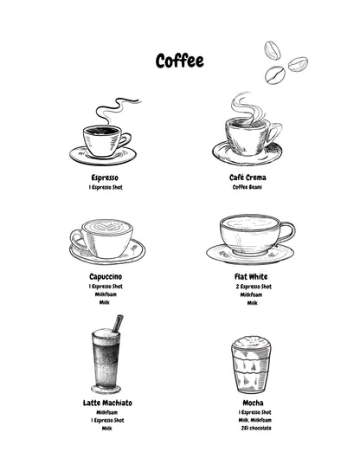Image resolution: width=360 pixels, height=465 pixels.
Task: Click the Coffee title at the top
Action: [180, 61]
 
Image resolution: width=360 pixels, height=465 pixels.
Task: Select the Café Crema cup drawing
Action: [250, 137]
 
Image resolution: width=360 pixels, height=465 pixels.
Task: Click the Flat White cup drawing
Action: [251, 236]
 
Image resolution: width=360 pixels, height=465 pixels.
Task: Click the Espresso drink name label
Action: [105, 177]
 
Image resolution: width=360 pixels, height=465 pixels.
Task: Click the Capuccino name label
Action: [105, 276]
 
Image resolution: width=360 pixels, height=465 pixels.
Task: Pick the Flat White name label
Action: [252, 276]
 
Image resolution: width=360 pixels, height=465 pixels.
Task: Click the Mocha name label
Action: [252, 403]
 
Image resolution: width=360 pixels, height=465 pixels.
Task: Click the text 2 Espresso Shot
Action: [252, 287]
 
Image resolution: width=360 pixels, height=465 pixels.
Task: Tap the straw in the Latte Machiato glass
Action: [118, 324]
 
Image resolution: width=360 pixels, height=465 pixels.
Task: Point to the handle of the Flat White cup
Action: [286, 231]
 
